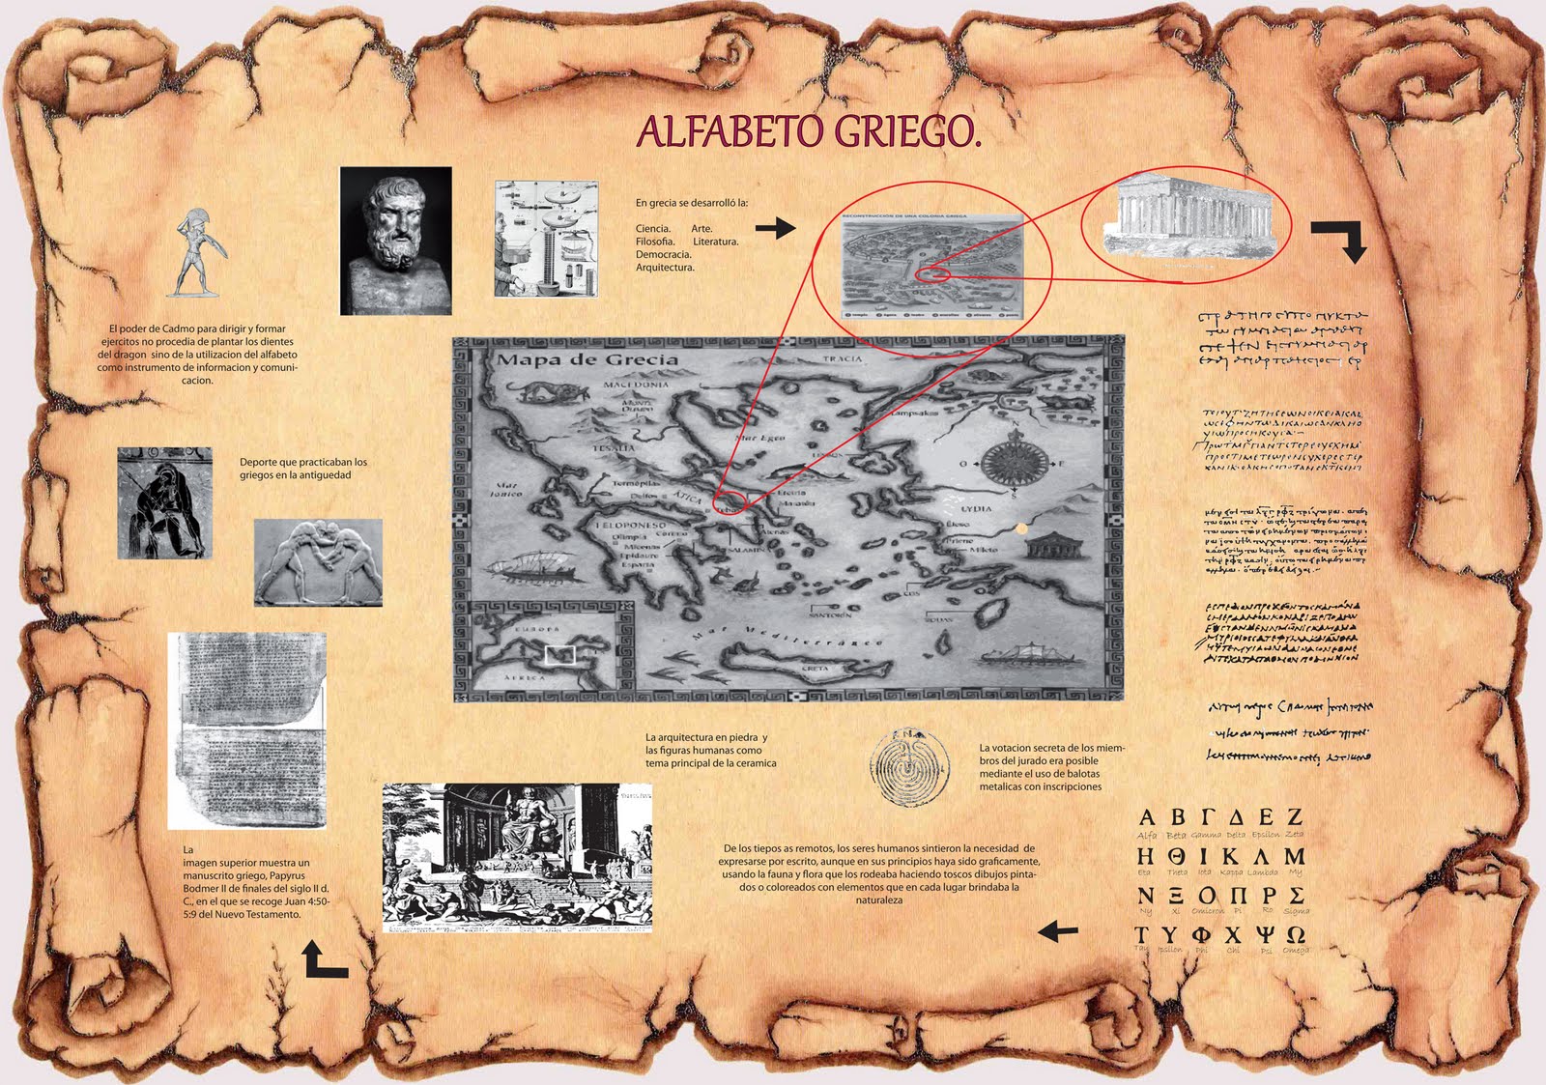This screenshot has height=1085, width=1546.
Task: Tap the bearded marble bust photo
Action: click(x=396, y=241)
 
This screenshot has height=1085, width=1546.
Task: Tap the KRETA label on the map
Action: click(x=815, y=669)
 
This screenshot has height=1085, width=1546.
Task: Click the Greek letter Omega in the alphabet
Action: click(x=1296, y=935)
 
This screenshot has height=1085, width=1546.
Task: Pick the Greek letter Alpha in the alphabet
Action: click(x=1148, y=816)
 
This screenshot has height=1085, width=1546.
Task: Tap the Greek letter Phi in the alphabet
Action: click(x=1201, y=935)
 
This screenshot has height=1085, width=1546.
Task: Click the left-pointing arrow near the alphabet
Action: click(x=1057, y=931)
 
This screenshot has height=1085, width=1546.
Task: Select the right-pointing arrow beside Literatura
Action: click(x=775, y=228)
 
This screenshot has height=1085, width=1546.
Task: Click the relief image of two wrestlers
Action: click(x=318, y=562)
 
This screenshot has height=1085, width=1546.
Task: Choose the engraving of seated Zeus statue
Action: click(x=517, y=856)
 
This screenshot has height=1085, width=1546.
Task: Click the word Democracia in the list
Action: click(x=663, y=254)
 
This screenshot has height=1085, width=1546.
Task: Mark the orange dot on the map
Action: click(x=1022, y=528)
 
